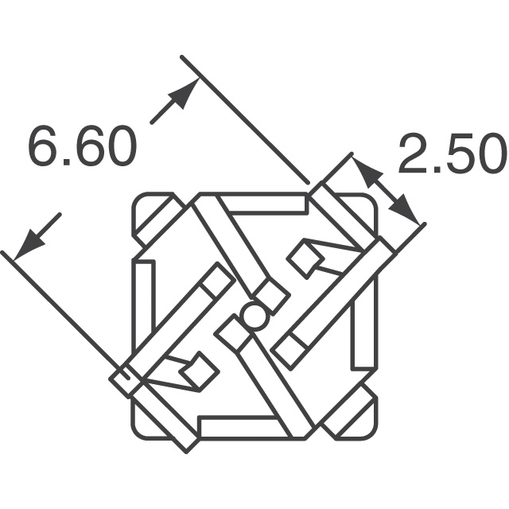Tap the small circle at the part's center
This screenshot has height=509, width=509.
coord(254,317)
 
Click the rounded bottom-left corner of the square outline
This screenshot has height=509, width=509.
coord(140,428)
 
